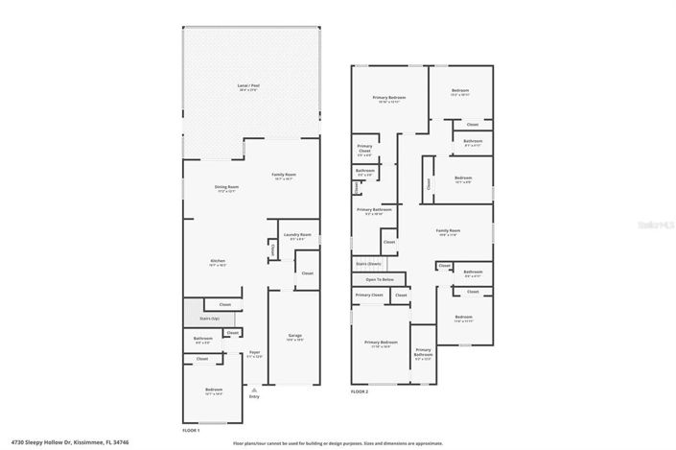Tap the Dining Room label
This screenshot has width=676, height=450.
226,186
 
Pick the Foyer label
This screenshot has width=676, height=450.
255,352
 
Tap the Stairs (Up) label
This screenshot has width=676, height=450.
209,318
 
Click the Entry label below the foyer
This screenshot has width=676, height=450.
253,396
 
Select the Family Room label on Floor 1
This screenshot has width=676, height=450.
284,175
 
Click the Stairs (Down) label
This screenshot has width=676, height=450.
368,262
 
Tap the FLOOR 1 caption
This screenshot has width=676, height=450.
191,430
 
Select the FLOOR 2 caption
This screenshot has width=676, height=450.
360,391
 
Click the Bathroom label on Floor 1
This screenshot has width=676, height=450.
202,338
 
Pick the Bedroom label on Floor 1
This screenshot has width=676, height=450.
213,389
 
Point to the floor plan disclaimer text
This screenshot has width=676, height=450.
338,443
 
